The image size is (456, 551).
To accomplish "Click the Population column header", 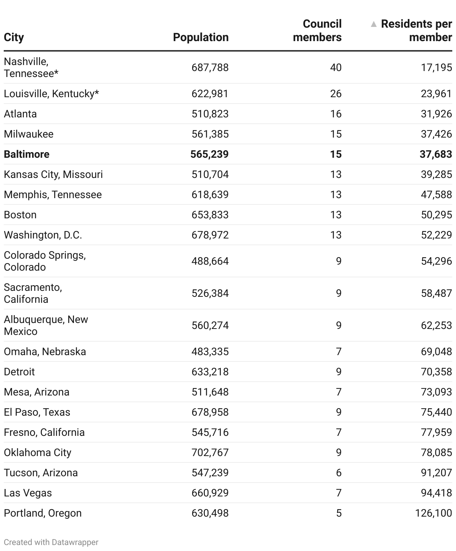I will coord(201,37).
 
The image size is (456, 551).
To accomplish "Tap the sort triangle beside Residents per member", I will coord(373,24).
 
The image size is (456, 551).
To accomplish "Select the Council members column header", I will coord(317,31).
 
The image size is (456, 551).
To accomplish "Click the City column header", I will coord(14,37).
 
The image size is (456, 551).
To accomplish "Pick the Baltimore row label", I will coord(27,154).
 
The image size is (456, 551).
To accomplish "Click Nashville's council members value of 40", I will coord(336,68).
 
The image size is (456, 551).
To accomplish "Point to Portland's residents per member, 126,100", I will coord(434,513).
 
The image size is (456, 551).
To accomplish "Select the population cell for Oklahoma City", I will coord(210,452).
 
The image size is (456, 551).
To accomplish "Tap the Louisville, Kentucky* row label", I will coord(51,93).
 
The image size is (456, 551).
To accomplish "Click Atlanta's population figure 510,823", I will coord(210,114).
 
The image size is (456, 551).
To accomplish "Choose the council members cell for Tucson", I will coord(339,472).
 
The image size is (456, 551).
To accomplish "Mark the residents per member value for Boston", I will coord(436,215).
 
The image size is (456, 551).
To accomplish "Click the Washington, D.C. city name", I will coord(43,235).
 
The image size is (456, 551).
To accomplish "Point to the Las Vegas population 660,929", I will coord(210,493).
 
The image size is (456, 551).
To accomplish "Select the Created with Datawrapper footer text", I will coord(51,542).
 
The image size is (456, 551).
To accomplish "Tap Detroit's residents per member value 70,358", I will coord(436,372).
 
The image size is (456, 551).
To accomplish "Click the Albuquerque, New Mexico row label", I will coord(46,325).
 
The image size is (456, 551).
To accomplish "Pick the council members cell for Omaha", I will coord(339,351).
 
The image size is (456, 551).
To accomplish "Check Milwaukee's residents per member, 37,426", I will coord(436,134).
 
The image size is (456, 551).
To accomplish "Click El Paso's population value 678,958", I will coord(210,412).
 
